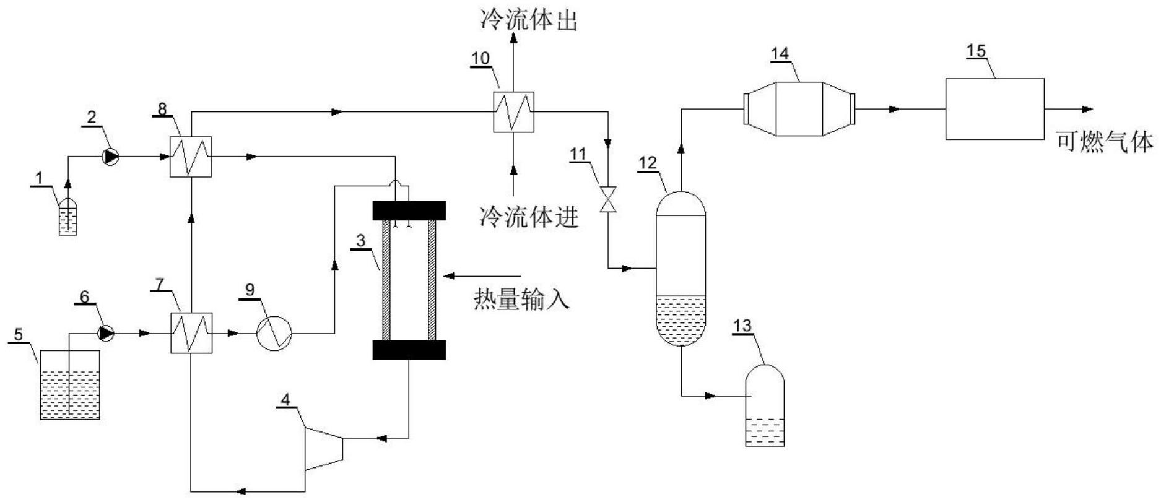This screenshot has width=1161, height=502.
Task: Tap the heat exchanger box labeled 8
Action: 191,157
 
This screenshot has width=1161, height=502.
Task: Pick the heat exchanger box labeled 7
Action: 191,333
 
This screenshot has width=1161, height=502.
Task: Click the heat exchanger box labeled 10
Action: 513,112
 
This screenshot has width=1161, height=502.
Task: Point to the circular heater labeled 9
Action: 274,333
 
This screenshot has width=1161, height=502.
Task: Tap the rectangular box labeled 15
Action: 994,109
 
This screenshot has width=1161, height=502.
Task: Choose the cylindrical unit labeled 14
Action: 799,109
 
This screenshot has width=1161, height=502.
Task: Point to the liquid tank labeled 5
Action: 70,385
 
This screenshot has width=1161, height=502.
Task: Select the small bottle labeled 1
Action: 68,217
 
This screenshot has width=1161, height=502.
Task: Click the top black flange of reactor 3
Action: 409,210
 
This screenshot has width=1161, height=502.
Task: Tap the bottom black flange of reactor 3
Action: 409,350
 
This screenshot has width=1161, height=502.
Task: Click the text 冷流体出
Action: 529,21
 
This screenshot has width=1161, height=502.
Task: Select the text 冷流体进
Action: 529,217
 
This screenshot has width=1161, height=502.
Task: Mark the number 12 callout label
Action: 648,163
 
